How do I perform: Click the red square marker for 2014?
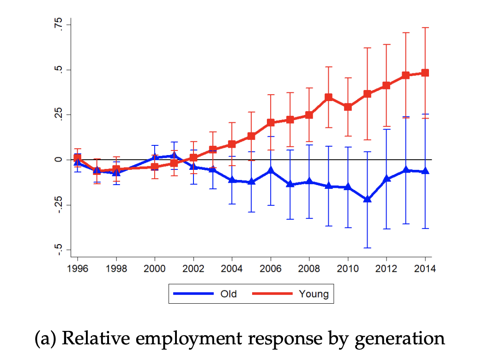(425, 73)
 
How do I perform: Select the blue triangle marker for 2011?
(367, 199)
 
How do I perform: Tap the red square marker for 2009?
(328, 97)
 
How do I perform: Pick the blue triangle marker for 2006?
(271, 170)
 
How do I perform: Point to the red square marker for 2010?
(348, 107)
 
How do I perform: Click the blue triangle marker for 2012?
(386, 178)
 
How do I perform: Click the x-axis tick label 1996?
(78, 269)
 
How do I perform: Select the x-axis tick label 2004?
(232, 269)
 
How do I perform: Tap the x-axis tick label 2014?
(425, 269)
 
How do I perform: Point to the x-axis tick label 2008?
(309, 269)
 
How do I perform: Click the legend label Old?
(229, 294)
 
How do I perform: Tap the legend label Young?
(314, 294)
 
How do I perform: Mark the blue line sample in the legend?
(193, 294)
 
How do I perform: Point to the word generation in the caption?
(399, 338)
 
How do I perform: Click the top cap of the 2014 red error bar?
(425, 28)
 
